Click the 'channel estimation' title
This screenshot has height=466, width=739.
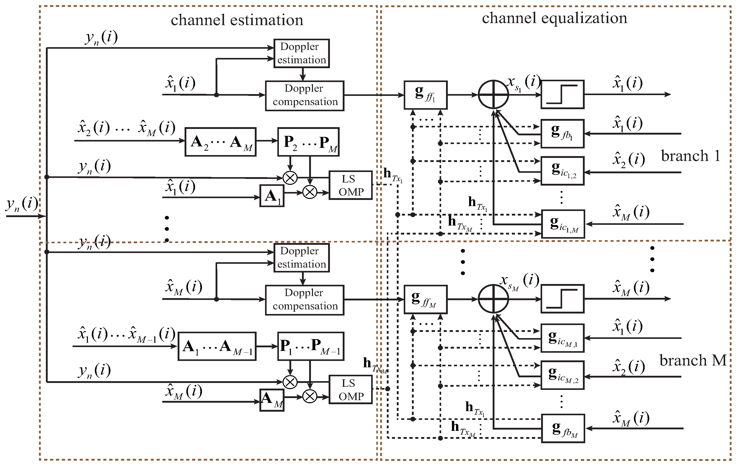point(237,20)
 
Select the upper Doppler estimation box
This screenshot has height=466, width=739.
point(301,53)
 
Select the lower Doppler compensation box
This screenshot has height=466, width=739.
point(305,300)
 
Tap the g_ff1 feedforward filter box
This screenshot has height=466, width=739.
point(425,95)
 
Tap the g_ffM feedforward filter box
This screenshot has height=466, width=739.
point(425,299)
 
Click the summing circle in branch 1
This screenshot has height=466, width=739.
point(493,95)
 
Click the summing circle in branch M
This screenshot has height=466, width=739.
point(493,299)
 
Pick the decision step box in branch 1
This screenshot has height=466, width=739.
point(562,95)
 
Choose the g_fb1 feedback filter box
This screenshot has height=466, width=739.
point(562,134)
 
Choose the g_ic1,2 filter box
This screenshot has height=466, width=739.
point(562,171)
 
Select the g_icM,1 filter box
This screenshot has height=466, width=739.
point(562,338)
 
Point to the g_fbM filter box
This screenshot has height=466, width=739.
point(563,428)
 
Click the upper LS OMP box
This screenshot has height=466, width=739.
point(350,185)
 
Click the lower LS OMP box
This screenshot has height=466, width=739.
point(350,390)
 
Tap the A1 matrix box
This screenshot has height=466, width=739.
point(272,196)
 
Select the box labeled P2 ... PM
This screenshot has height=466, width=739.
point(308,142)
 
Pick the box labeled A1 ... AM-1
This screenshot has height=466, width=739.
point(217,346)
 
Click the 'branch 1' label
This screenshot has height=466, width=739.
point(690,156)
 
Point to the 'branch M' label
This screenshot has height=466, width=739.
point(693,360)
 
